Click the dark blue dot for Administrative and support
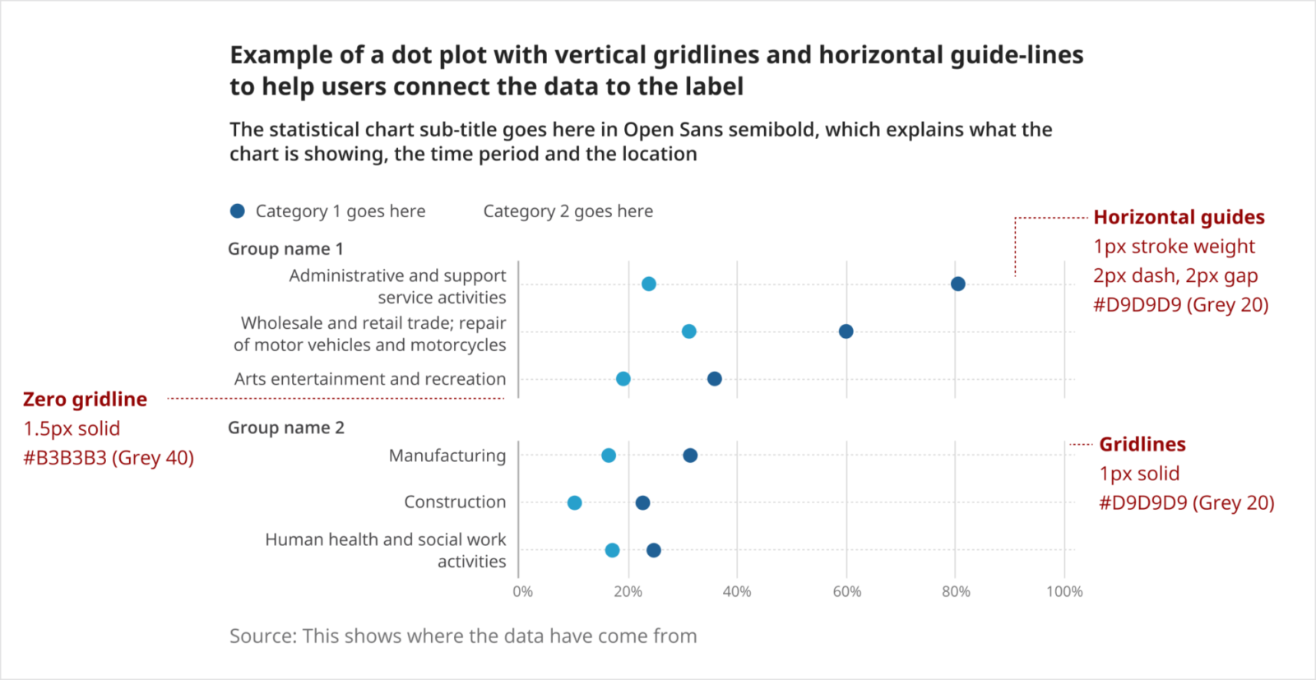[957, 284]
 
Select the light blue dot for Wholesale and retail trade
[689, 331]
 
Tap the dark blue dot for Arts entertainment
[715, 379]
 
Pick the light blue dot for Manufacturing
[609, 456]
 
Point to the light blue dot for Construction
[575, 502]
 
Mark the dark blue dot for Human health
[654, 550]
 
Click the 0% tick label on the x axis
[523, 591]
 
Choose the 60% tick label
[847, 591]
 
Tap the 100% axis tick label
[1064, 591]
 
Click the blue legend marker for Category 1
[238, 211]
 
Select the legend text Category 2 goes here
[568, 211]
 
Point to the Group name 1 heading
[285, 248]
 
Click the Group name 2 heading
[286, 428]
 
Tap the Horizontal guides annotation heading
[1179, 217]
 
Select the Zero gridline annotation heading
[86, 400]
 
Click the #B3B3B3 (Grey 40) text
[109, 458]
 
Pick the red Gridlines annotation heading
[1142, 444]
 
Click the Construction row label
[455, 502]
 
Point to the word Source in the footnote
[262, 636]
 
